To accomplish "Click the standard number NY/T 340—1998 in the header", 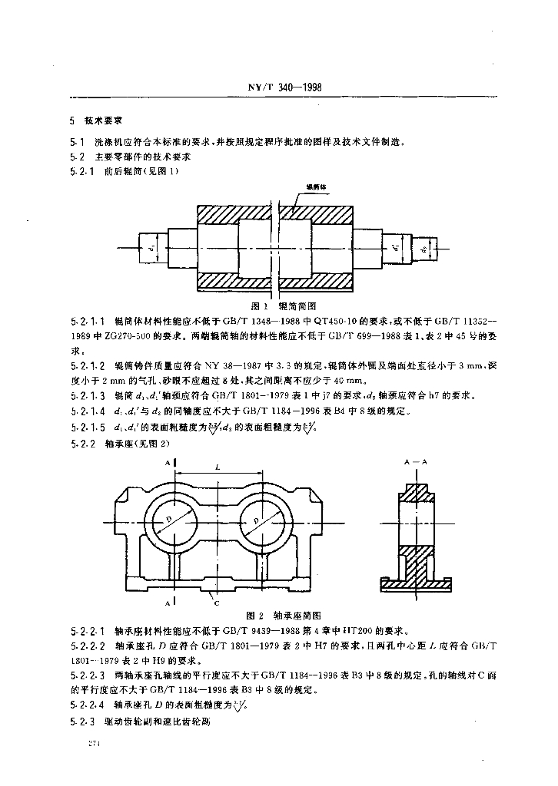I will click(x=278, y=87).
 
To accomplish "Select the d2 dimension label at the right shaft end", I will click(x=422, y=249).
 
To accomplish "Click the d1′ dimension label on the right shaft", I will click(x=394, y=247).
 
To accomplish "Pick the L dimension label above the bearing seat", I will click(x=218, y=467).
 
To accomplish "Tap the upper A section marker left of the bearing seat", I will click(x=167, y=464).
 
